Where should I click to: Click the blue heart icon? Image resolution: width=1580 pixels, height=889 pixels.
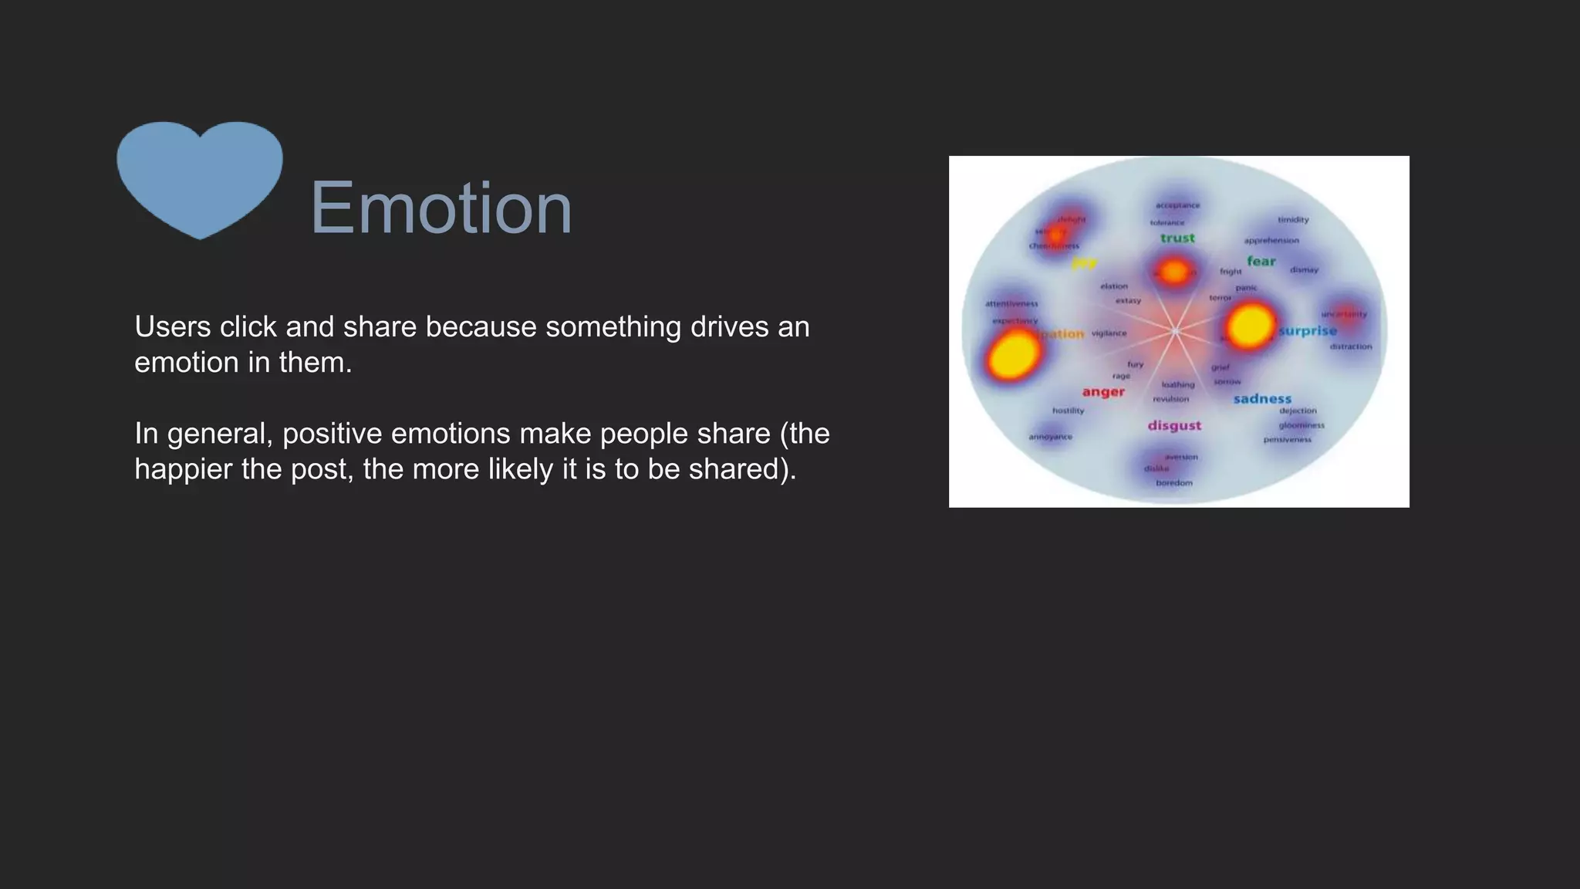tap(200, 176)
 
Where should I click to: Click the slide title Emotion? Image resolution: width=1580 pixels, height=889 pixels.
tap(441, 208)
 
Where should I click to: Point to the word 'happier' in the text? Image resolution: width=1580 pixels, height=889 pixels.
tap(183, 469)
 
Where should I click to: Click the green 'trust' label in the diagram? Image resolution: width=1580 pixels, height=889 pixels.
tap(1177, 238)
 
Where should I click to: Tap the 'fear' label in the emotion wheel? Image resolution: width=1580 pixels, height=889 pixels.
tap(1261, 262)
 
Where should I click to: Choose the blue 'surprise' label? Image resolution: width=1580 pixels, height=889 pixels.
tap(1308, 331)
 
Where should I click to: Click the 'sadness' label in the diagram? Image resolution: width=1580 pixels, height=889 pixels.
tap(1262, 399)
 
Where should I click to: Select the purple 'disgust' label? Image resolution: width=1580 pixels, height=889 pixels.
tap(1174, 425)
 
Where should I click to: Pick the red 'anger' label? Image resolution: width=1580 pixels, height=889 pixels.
tap(1103, 392)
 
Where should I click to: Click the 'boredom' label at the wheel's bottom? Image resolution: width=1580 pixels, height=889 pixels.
tap(1174, 483)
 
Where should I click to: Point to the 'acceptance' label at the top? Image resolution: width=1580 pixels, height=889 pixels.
tap(1177, 205)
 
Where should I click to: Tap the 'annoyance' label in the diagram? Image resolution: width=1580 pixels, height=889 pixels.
tap(1050, 437)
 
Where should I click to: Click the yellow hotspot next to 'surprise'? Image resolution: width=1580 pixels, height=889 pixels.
tap(1250, 325)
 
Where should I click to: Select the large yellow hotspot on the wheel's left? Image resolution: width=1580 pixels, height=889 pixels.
tap(1012, 355)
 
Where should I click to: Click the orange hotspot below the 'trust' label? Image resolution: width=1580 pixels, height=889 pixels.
tap(1174, 272)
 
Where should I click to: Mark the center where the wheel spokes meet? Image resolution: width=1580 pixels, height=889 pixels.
tap(1175, 332)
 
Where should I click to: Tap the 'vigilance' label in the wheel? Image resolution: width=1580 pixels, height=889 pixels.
tap(1109, 333)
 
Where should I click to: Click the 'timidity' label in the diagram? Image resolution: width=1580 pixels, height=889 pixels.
tap(1293, 220)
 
